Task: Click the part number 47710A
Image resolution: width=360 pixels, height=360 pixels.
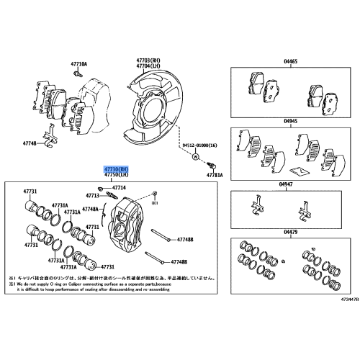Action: [79, 64]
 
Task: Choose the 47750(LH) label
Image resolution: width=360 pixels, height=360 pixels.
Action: [115, 174]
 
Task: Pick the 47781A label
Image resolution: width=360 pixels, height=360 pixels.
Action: [215, 175]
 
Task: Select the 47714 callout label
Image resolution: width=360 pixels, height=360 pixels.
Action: [118, 188]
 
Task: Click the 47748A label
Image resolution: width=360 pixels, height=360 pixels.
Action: [91, 209]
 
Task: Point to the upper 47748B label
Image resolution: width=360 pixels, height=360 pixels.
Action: [185, 239]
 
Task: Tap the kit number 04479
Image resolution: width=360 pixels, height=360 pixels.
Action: [290, 232]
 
